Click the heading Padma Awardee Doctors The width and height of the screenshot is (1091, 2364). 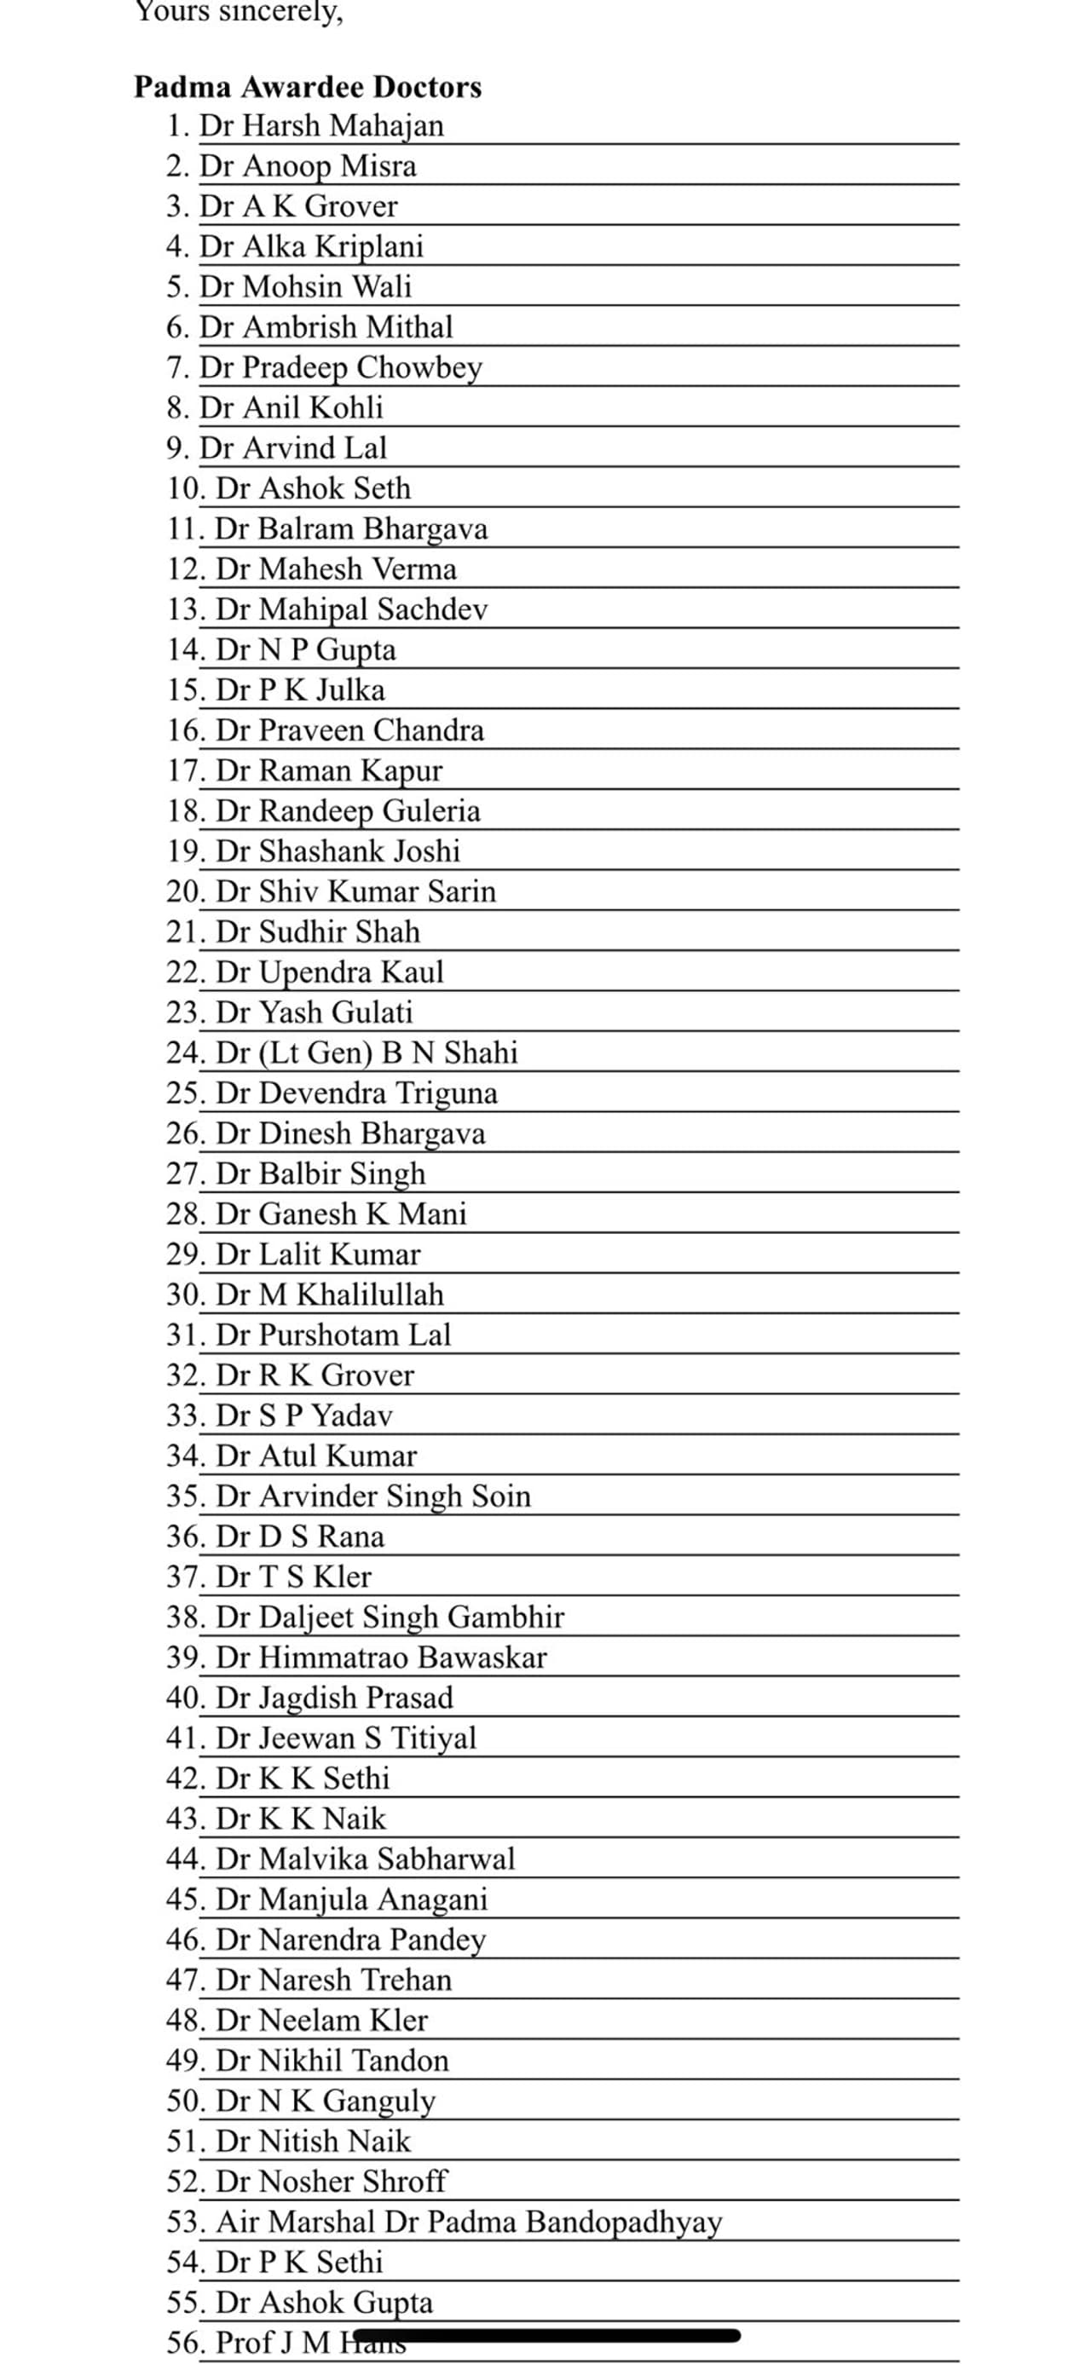308,87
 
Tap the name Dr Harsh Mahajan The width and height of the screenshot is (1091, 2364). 321,126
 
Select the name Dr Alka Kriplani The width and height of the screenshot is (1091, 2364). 311,247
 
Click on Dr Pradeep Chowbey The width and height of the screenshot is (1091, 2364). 340,367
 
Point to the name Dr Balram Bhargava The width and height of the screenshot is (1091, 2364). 351,528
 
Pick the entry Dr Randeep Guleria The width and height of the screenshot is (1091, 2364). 348,811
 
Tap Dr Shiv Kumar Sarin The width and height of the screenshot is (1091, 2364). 356,891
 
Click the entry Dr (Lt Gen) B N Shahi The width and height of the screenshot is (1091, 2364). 367,1052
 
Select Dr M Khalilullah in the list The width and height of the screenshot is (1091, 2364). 329,1294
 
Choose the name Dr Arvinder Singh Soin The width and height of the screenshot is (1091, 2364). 373,1496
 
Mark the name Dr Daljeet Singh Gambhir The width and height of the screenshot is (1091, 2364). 390,1617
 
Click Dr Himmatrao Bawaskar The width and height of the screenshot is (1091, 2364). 381,1658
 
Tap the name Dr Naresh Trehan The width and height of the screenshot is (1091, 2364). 333,1981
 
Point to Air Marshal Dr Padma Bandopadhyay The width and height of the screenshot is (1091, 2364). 469,2222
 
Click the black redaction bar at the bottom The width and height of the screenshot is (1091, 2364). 546,2335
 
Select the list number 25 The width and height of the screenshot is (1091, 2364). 184,1093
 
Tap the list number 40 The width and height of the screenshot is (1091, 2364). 184,1698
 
